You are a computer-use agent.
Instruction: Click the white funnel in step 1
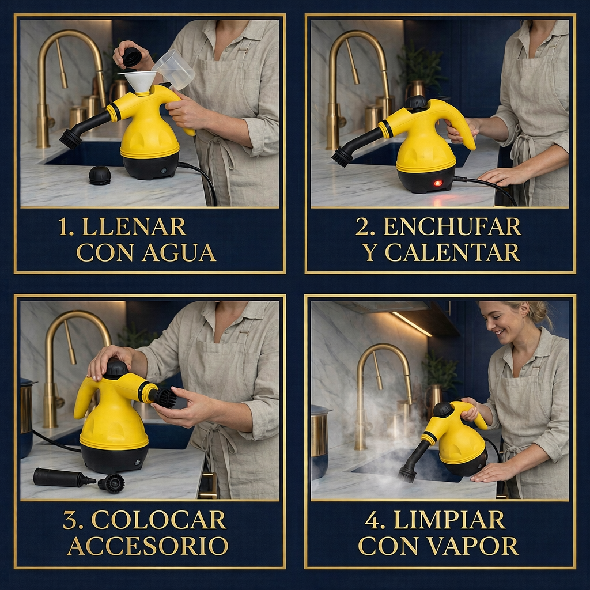pyautogui.click(x=140, y=81)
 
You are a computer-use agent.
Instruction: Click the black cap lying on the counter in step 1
pyautogui.click(x=100, y=175)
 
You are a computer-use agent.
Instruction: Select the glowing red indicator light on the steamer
pyautogui.click(x=437, y=183)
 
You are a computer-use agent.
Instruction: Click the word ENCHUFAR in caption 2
pyautogui.click(x=452, y=227)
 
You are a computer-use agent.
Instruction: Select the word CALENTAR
pyautogui.click(x=452, y=252)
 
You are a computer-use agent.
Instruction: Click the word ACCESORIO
pyautogui.click(x=147, y=546)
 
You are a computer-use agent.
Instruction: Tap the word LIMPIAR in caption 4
pyautogui.click(x=449, y=520)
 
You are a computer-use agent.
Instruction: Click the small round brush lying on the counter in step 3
pyautogui.click(x=112, y=483)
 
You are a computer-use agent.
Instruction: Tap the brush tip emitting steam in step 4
pyautogui.click(x=407, y=474)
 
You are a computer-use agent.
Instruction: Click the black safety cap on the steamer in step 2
pyautogui.click(x=415, y=103)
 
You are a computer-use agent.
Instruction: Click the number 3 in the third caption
pyautogui.click(x=73, y=520)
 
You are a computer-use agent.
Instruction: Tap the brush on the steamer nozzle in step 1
pyautogui.click(x=71, y=138)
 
